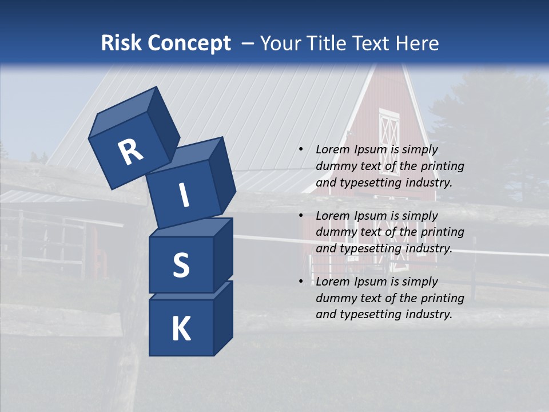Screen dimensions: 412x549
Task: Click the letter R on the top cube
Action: point(130,152)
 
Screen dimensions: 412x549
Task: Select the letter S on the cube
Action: point(181,265)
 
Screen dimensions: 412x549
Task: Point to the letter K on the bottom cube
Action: point(181,329)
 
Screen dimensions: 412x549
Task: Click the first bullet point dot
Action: point(301,149)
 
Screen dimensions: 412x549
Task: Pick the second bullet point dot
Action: point(301,216)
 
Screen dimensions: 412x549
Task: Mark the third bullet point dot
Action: point(301,282)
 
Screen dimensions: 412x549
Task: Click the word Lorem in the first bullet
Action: point(332,149)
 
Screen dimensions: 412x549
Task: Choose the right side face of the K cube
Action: point(223,318)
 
